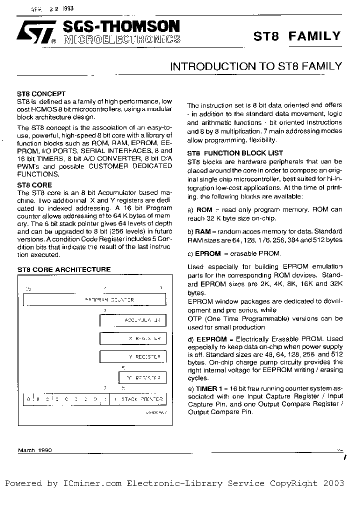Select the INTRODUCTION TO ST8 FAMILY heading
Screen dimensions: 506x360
pyautogui.click(x=256, y=66)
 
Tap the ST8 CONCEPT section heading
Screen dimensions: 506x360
pyautogui.click(x=41, y=93)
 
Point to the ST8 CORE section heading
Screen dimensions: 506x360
pyautogui.click(x=35, y=185)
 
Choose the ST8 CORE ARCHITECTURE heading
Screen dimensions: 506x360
pyautogui.click(x=64, y=269)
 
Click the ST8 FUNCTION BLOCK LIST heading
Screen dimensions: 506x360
pyautogui.click(x=235, y=153)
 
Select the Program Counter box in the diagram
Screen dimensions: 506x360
pyautogui.click(x=95, y=300)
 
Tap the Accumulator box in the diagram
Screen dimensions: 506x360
pyautogui.click(x=132, y=320)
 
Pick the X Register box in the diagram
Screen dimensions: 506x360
pyautogui.click(x=132, y=338)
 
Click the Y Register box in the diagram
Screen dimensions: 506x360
pyautogui.click(x=132, y=357)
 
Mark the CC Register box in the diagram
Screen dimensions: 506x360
pyautogui.click(x=142, y=378)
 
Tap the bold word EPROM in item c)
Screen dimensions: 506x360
pyautogui.click(x=208, y=253)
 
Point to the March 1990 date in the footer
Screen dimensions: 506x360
pyautogui.click(x=34, y=450)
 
